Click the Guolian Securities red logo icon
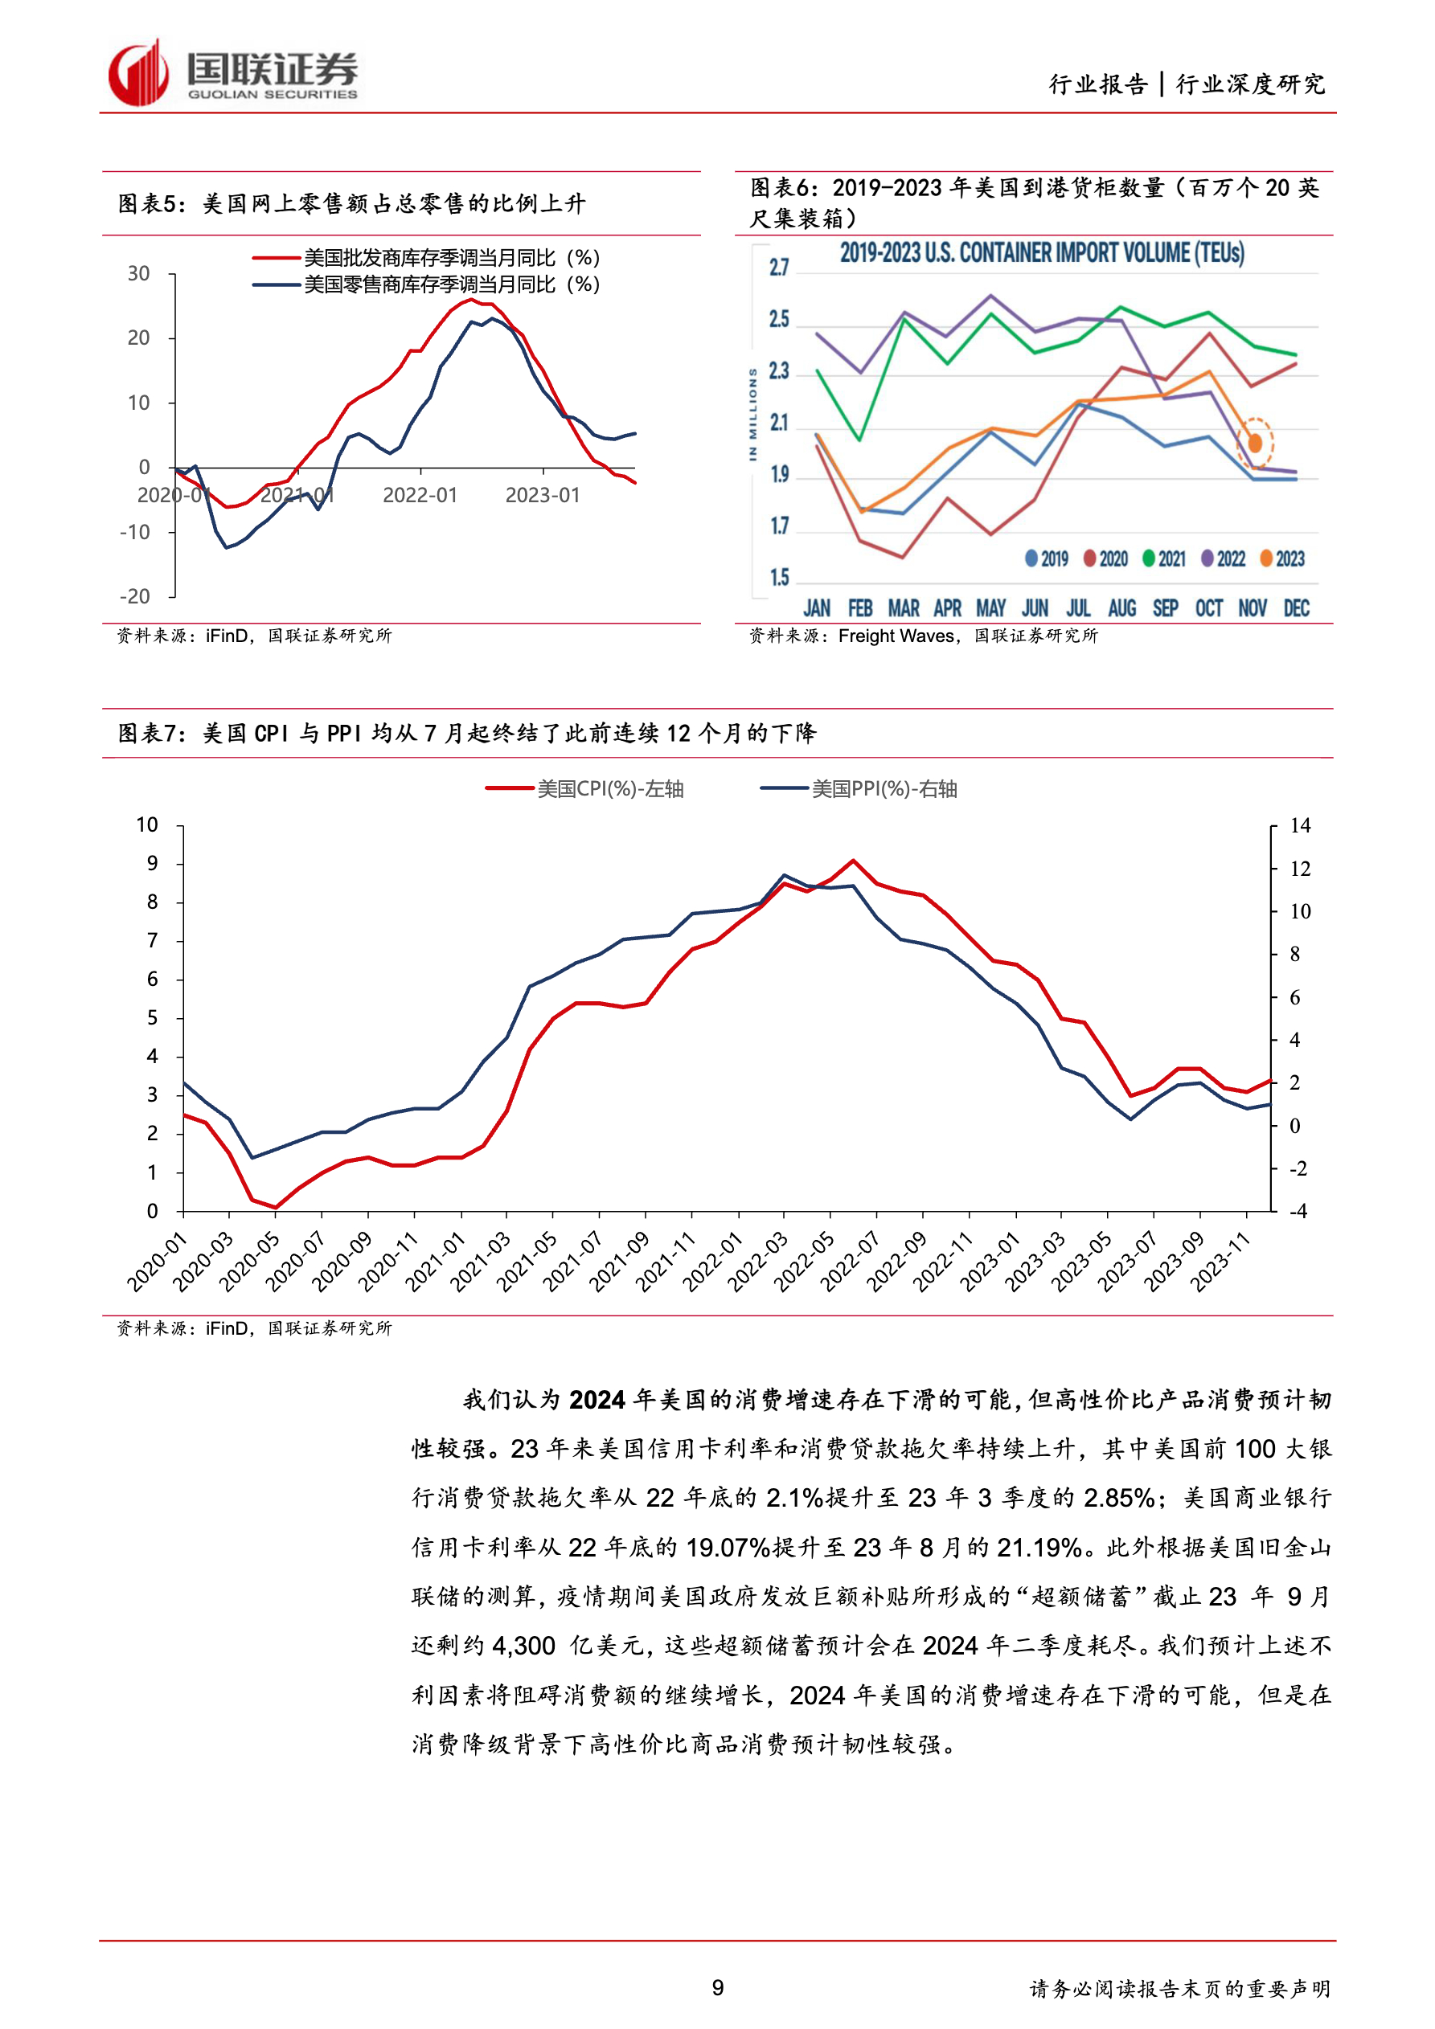click(x=138, y=73)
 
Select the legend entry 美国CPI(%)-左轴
click(x=609, y=788)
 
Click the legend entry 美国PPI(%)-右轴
click(x=884, y=788)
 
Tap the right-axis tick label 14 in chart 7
click(x=1300, y=825)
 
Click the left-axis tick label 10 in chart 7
click(x=147, y=824)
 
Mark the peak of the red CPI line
click(x=852, y=860)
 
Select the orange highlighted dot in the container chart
click(x=1255, y=442)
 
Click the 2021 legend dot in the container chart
click(x=1149, y=558)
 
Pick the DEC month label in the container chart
click(x=1296, y=608)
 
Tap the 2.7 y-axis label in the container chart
click(x=778, y=267)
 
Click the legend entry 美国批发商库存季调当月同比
click(x=451, y=258)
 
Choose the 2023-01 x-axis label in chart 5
click(x=542, y=495)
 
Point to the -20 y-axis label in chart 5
click(x=135, y=596)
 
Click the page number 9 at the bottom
click(x=718, y=1987)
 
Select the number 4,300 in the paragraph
click(x=523, y=1646)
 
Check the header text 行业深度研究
click(x=1251, y=84)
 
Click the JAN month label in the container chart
click(x=816, y=608)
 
